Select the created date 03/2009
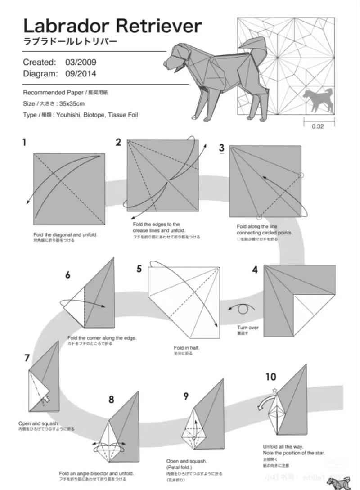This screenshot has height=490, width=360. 81,62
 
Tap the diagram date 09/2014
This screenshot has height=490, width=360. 81,73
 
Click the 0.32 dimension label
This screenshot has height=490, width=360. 317,126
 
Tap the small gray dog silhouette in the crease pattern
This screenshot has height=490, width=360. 318,99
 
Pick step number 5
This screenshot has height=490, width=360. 139,269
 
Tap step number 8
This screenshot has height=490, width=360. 111,399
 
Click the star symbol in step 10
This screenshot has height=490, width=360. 274,390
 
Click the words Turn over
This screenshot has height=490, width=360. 248,328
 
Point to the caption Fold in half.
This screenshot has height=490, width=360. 186,348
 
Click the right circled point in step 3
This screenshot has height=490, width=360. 301,175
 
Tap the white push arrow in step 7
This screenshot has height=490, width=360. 46,399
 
